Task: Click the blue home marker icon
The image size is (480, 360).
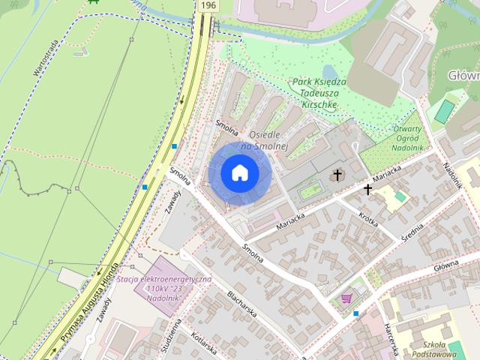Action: pyautogui.click(x=238, y=173)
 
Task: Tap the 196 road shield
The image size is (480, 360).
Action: pyautogui.click(x=208, y=5)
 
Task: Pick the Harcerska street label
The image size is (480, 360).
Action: pyautogui.click(x=393, y=337)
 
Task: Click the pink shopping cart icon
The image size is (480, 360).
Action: pyautogui.click(x=346, y=298)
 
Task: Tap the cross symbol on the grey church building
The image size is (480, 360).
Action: pyautogui.click(x=337, y=175)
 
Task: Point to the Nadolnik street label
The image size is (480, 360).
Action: pyautogui.click(x=452, y=174)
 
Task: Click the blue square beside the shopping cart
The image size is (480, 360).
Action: pyautogui.click(x=356, y=313)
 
